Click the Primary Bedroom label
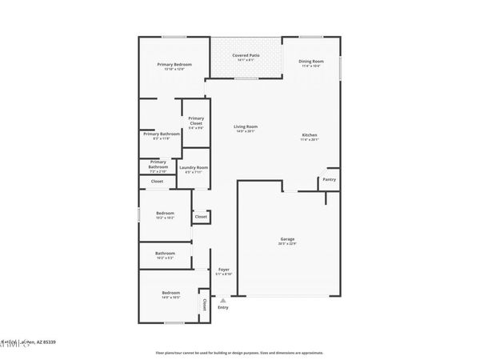(x=170, y=64)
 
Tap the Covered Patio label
(x=245, y=55)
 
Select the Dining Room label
(x=311, y=61)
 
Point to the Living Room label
(x=246, y=126)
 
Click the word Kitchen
(x=310, y=134)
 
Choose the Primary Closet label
(x=196, y=121)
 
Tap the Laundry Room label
(x=194, y=167)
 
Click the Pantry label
(x=329, y=180)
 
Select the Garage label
(x=287, y=239)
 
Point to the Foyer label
(x=224, y=270)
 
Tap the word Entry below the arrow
(x=222, y=308)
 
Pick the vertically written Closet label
(x=204, y=305)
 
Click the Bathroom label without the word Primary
(x=165, y=254)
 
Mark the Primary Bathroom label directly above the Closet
(x=158, y=165)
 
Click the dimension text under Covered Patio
(x=245, y=60)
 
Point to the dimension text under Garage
(x=287, y=244)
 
